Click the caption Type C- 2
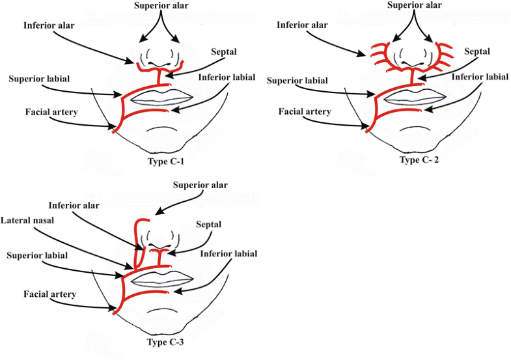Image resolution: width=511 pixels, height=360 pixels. point(420,159)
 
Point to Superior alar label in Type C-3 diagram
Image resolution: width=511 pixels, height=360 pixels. point(201,185)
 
